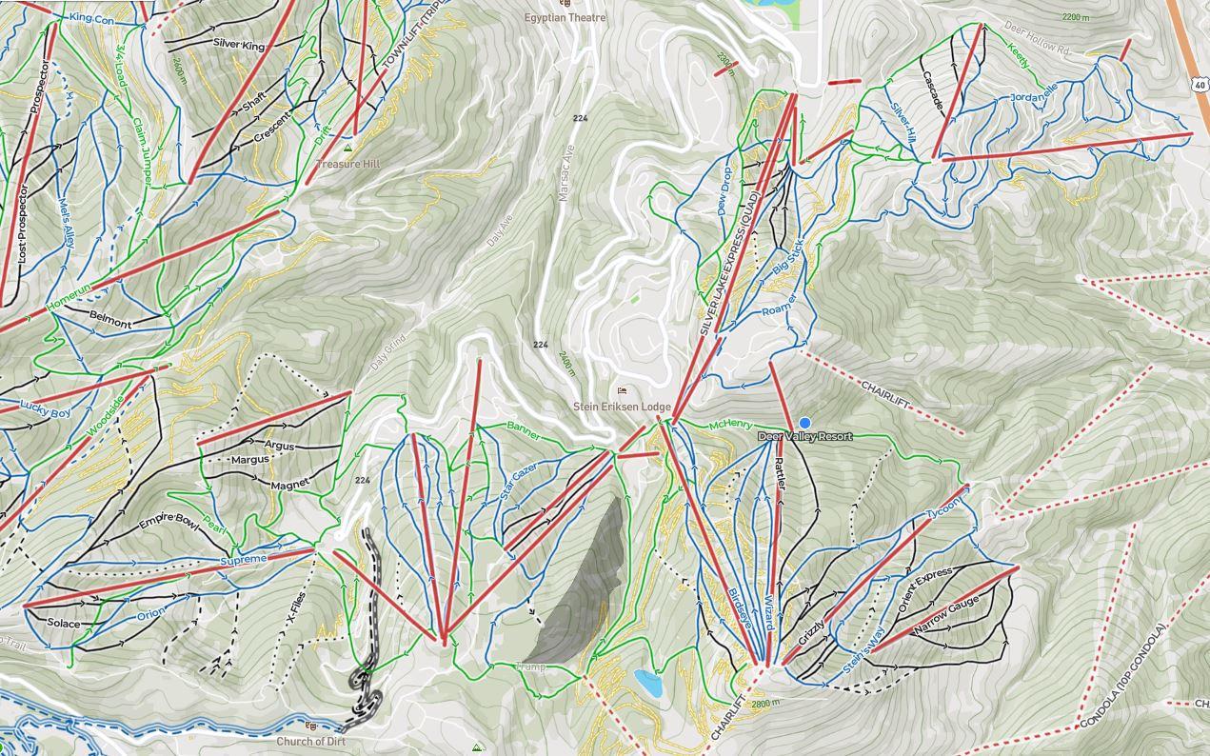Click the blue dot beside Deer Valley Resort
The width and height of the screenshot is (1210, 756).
[x=804, y=422]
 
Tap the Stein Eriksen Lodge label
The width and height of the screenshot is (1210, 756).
[x=622, y=407]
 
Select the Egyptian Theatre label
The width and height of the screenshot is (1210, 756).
[x=565, y=17]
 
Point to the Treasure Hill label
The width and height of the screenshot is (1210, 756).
[x=348, y=164]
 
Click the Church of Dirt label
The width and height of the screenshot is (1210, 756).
[x=311, y=741]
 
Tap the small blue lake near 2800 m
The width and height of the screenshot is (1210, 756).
[x=647, y=682]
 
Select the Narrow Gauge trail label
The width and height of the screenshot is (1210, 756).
[x=946, y=616]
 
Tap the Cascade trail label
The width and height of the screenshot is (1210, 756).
[x=932, y=90]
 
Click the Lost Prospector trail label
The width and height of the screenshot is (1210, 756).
[x=22, y=225]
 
